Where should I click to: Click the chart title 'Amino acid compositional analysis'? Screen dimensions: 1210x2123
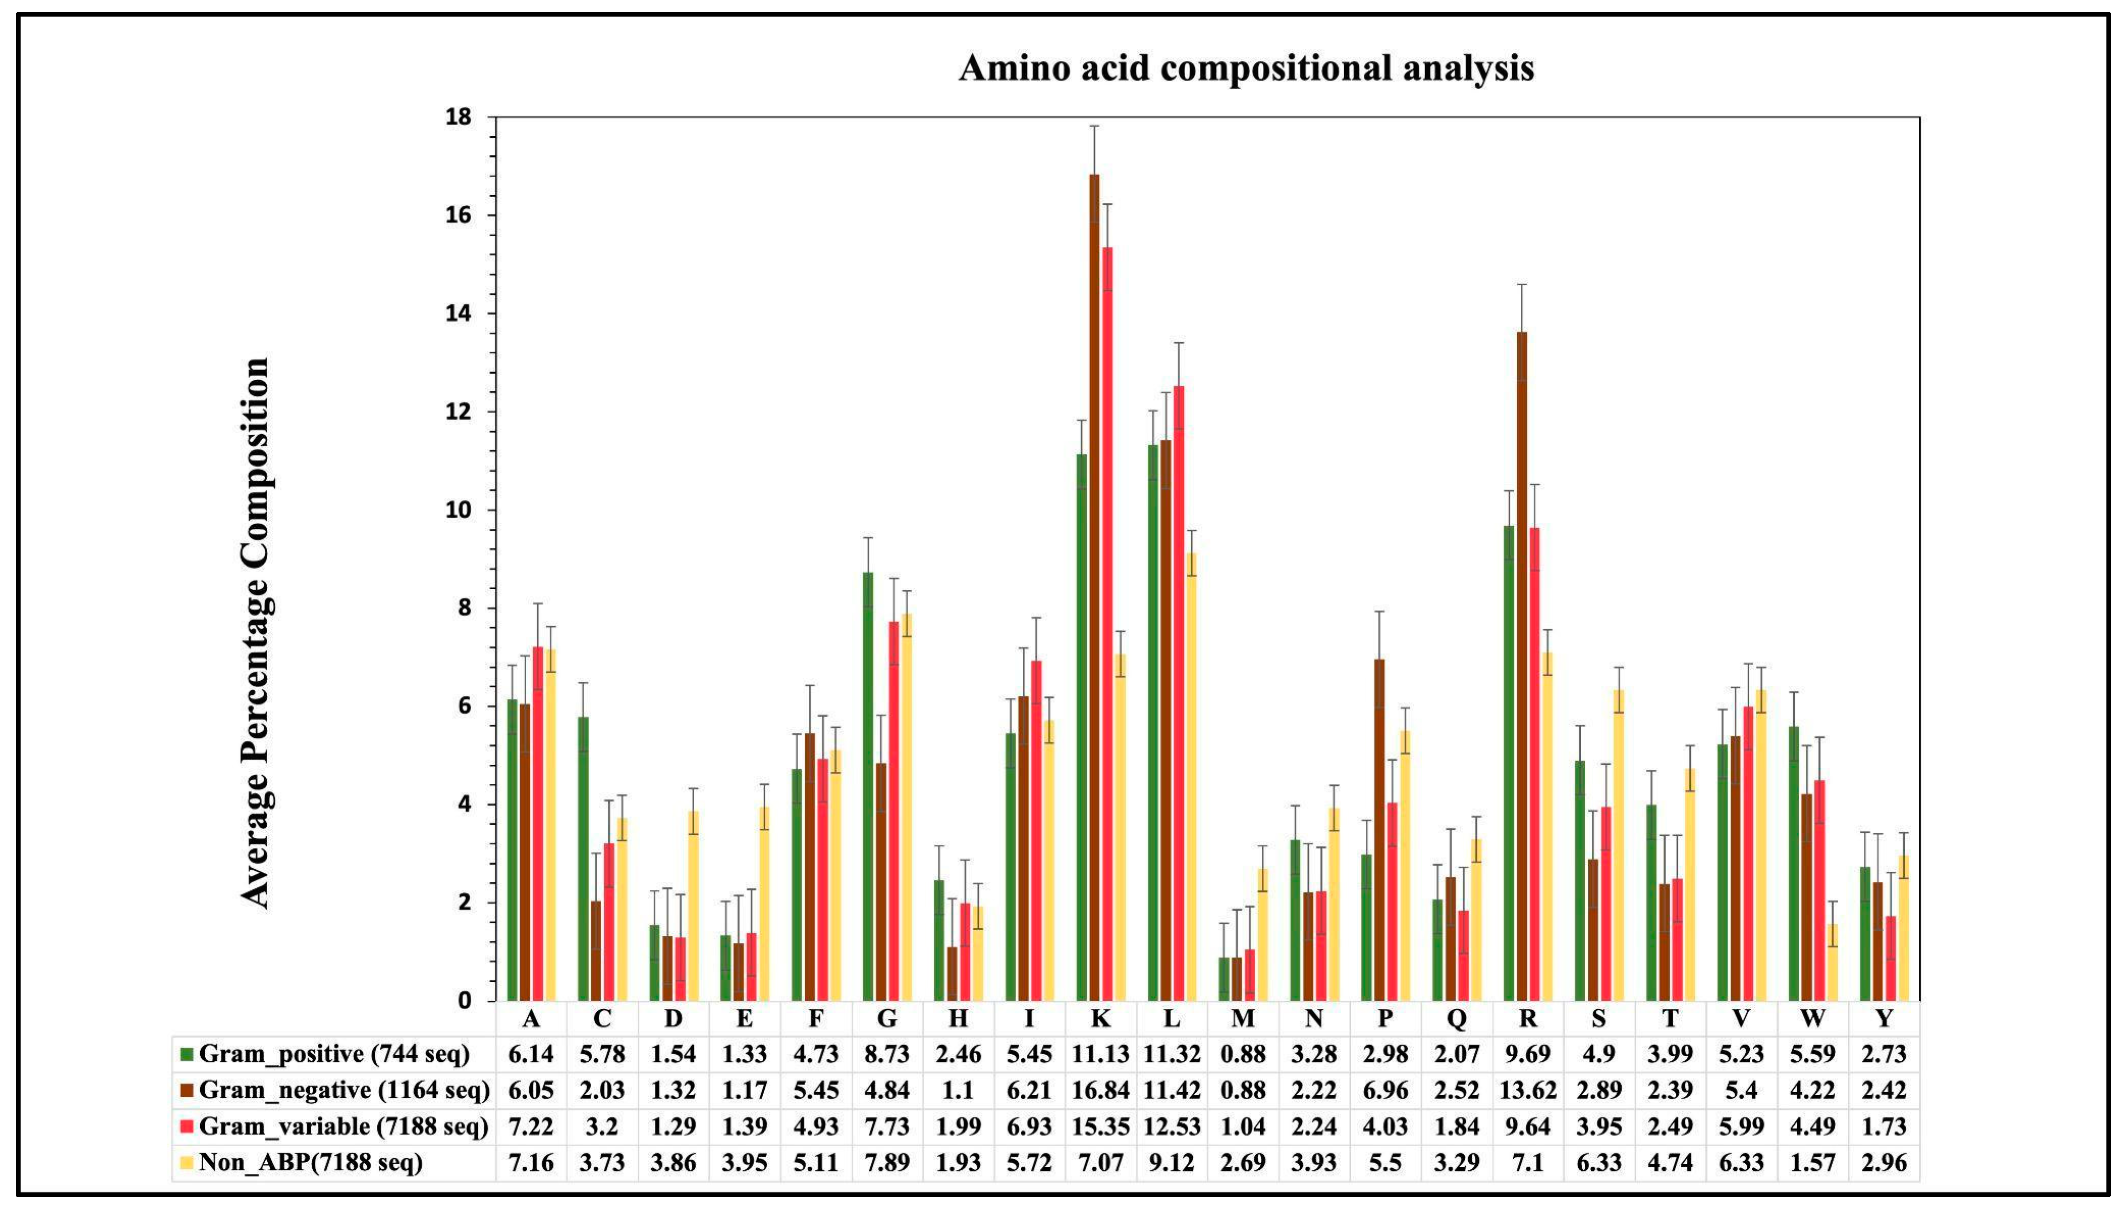click(x=1246, y=68)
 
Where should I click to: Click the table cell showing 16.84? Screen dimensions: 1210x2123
click(x=1100, y=1089)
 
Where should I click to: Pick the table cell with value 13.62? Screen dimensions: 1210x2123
click(x=1527, y=1089)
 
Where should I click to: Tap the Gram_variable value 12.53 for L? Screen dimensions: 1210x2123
click(x=1172, y=1126)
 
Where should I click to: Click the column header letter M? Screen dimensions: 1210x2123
click(x=1242, y=1018)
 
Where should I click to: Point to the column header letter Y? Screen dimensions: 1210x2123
click(x=1884, y=1018)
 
